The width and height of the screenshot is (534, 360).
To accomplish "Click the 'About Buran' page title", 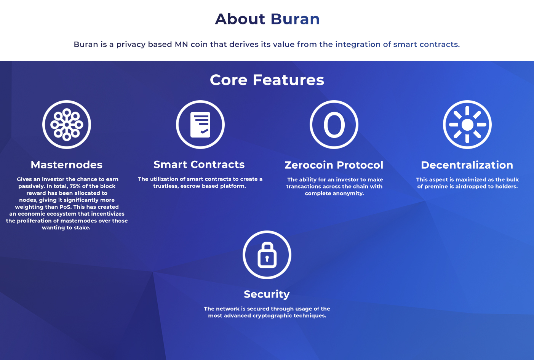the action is [x=267, y=19].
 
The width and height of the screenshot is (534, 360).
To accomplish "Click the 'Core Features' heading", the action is [x=267, y=80].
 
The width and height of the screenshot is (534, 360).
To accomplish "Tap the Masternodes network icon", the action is [x=67, y=125].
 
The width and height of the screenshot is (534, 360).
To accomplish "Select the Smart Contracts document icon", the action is [x=200, y=125].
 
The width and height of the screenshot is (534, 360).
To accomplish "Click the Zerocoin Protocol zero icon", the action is [x=334, y=125].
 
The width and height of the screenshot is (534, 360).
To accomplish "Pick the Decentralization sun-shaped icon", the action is [x=467, y=125].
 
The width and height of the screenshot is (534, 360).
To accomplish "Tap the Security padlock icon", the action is [x=267, y=255].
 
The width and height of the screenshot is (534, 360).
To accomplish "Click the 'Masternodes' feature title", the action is [x=67, y=165].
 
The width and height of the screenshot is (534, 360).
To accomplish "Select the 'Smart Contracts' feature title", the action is [x=199, y=165].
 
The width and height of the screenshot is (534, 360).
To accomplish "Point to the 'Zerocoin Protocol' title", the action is [x=334, y=165].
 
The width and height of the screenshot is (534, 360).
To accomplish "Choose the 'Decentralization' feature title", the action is [x=467, y=165].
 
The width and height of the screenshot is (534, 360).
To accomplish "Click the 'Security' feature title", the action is [x=267, y=294].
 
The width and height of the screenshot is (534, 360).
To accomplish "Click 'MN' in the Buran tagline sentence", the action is [x=181, y=44].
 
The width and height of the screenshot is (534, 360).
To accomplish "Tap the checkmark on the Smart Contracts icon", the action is [x=204, y=131].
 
